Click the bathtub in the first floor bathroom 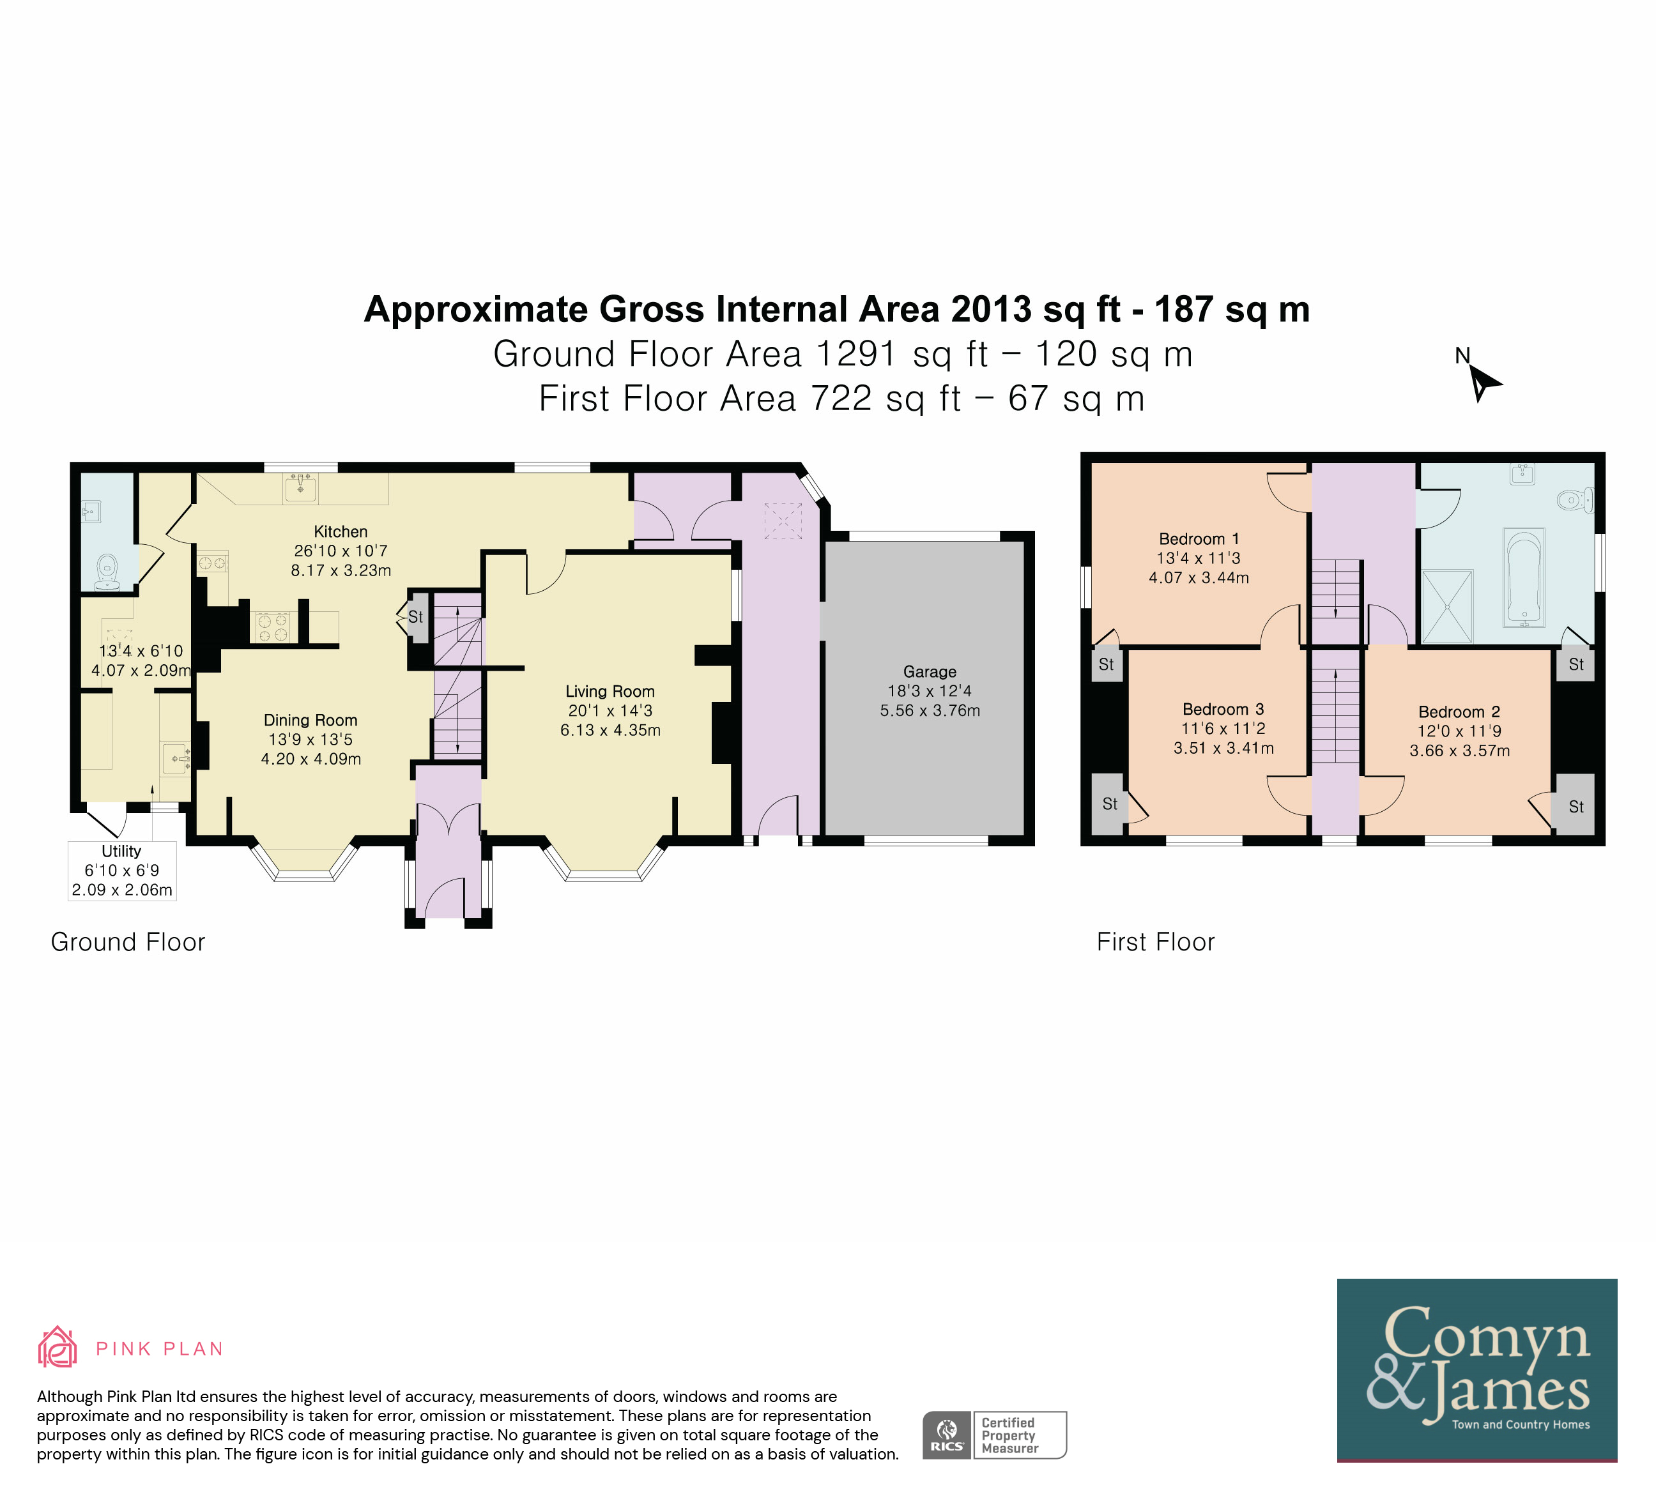click(1524, 578)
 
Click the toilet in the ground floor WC click(107, 572)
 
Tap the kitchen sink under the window click(301, 488)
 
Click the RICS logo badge click(947, 1435)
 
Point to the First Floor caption click(1156, 942)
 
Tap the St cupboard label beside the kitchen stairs click(416, 616)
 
